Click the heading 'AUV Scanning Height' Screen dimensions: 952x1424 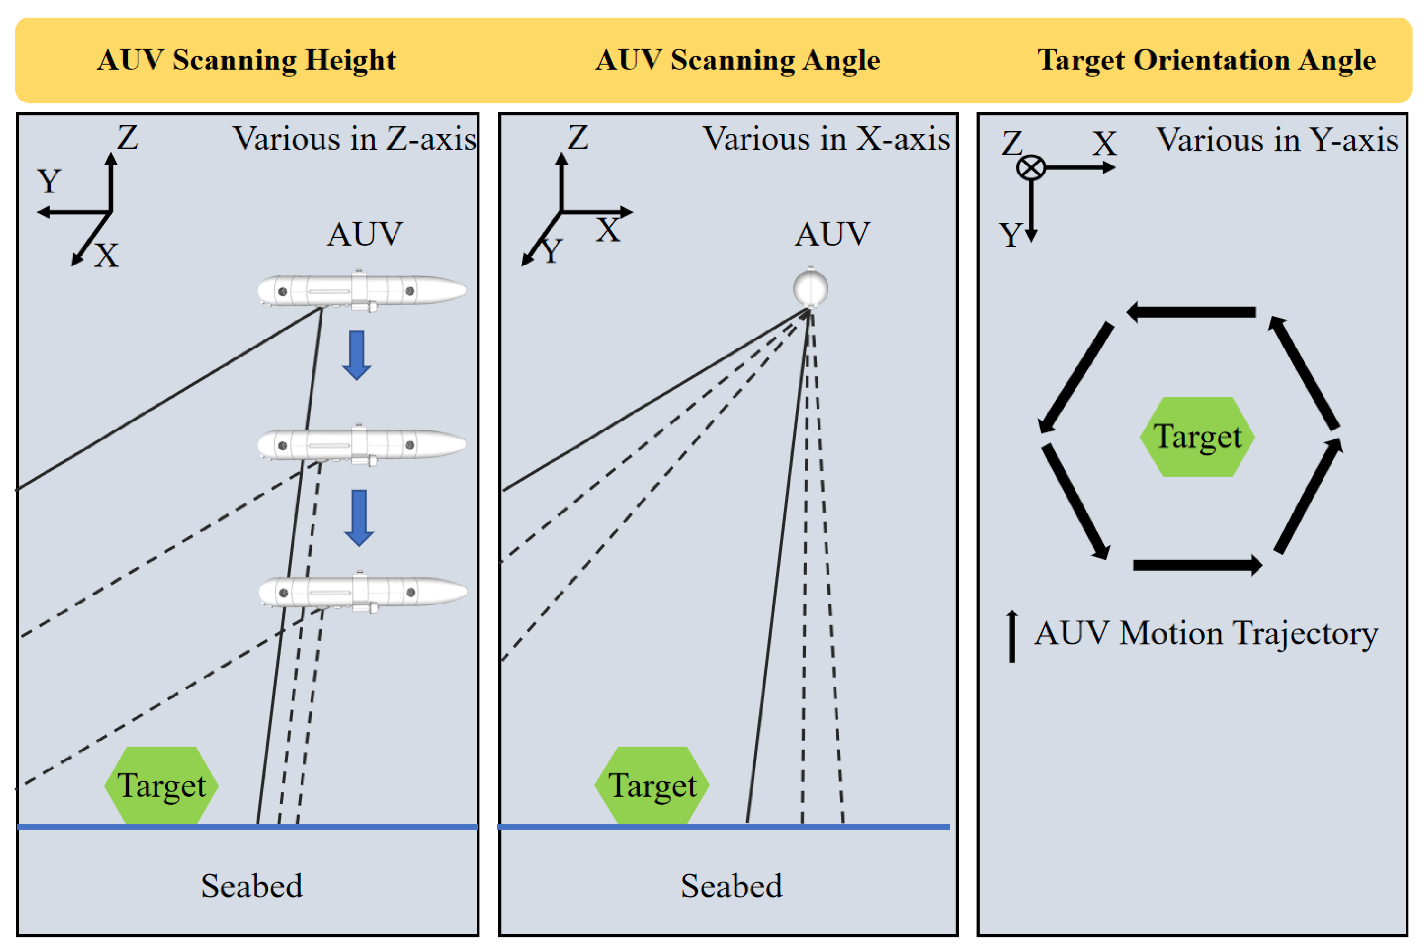(x=247, y=60)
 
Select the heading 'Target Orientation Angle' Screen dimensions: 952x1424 (x=1205, y=60)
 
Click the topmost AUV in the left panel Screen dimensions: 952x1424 (x=361, y=291)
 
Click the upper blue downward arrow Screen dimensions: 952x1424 (x=357, y=355)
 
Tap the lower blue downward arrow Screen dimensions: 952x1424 (x=359, y=517)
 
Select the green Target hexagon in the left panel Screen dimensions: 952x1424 (x=161, y=785)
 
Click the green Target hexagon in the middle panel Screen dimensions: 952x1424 (x=652, y=785)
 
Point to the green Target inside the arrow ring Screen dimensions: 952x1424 (x=1197, y=437)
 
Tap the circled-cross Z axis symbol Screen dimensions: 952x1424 (x=1030, y=167)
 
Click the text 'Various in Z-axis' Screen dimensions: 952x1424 (x=354, y=139)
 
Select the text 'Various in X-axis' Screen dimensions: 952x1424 (x=826, y=139)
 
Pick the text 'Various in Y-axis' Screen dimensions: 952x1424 (x=1277, y=140)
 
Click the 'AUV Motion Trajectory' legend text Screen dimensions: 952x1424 (x=1205, y=634)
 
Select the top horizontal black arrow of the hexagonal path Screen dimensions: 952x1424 (x=1192, y=312)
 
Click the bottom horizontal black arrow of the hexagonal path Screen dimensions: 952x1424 (x=1197, y=565)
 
